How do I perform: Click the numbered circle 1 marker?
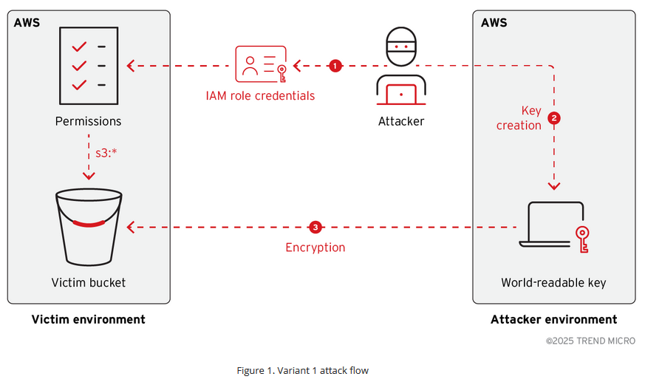[335, 66]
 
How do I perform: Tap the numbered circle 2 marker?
[554, 117]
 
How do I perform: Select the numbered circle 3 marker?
[315, 227]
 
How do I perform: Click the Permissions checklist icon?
[88, 66]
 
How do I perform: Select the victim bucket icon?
[88, 227]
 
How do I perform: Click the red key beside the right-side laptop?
[582, 239]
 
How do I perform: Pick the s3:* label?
[107, 154]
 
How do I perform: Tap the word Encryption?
[315, 248]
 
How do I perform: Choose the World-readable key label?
[553, 282]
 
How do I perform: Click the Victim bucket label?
[88, 282]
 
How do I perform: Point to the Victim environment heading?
[88, 319]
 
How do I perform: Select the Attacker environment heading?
[553, 319]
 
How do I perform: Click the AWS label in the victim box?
[27, 23]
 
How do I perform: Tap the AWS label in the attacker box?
[494, 23]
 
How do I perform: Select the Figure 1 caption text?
[302, 370]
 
